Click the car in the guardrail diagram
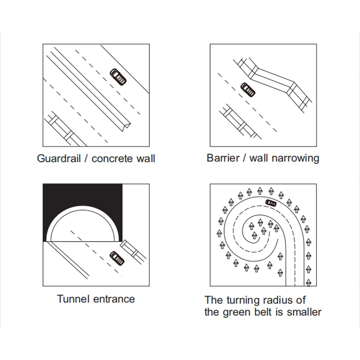click(118, 76)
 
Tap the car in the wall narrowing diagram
click(248, 90)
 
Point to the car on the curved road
click(271, 203)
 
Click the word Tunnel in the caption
click(72, 298)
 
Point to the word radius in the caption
click(280, 300)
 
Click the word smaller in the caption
click(304, 312)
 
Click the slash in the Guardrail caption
click(86, 158)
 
